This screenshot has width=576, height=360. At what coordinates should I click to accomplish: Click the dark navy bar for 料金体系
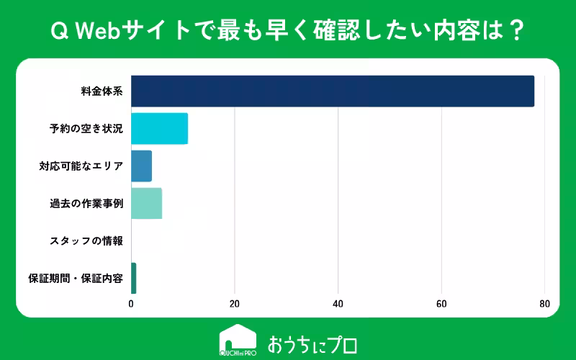click(332, 91)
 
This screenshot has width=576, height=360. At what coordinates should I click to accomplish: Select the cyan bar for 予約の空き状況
click(159, 129)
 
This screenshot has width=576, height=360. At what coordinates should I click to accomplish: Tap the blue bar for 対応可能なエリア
click(141, 166)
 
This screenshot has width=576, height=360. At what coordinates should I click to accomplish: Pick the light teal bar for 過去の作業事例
click(146, 204)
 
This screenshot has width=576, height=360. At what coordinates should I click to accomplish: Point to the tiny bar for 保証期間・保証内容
click(133, 278)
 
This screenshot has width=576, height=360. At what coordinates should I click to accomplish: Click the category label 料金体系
click(102, 91)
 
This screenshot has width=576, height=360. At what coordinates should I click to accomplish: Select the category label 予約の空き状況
click(86, 129)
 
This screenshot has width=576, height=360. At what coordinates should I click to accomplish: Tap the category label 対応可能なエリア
click(81, 166)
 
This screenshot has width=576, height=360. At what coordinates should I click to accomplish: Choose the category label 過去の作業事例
click(86, 204)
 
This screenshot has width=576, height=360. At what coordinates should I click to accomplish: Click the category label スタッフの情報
click(86, 241)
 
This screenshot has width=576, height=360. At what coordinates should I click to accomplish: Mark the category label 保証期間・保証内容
click(76, 278)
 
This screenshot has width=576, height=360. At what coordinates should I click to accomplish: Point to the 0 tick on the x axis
click(131, 304)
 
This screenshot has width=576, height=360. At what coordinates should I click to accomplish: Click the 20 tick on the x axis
click(235, 304)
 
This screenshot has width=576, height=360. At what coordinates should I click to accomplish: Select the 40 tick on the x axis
click(338, 304)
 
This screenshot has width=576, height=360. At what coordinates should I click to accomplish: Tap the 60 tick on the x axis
click(441, 304)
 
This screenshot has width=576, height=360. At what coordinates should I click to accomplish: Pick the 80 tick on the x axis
click(544, 304)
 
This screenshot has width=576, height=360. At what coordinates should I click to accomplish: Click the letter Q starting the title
click(57, 31)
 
